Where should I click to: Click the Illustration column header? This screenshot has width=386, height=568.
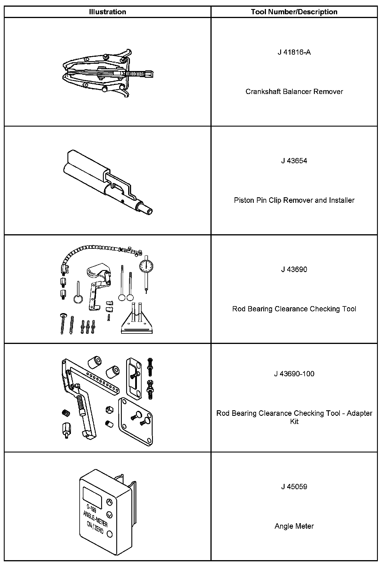[108, 12]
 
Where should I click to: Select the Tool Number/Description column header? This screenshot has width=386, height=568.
[294, 12]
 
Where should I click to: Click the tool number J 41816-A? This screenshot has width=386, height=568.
[294, 52]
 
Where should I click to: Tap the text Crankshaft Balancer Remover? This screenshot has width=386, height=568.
[294, 92]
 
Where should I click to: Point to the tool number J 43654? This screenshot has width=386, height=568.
[294, 161]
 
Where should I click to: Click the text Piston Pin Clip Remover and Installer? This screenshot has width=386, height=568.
[294, 200]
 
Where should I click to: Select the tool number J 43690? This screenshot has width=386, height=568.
[294, 269]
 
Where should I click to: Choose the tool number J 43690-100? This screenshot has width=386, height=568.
[294, 374]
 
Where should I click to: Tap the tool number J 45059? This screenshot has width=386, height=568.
[294, 487]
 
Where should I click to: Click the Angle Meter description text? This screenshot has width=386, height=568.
[294, 526]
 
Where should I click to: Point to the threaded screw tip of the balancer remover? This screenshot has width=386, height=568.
[149, 74]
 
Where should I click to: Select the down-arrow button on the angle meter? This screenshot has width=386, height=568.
[109, 515]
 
